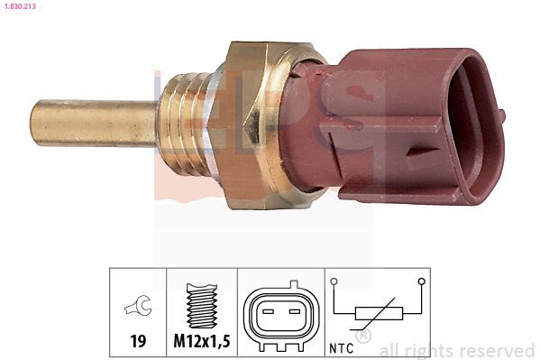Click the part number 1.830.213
pyautogui.click(x=21, y=6)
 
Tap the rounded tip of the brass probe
pyautogui.click(x=36, y=124)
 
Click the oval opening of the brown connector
pyautogui.click(x=471, y=125)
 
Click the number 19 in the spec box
pyautogui.click(x=138, y=341)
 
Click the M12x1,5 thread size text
pyautogui.click(x=202, y=341)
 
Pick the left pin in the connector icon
pyautogui.click(x=267, y=314)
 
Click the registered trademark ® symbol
pyautogui.click(x=363, y=337)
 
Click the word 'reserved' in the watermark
pyautogui.click(x=498, y=350)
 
